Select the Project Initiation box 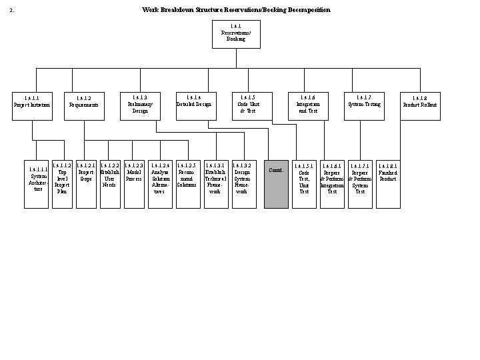pyautogui.click(x=33, y=105)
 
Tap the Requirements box pyautogui.click(x=83, y=105)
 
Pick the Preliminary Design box pyautogui.click(x=139, y=105)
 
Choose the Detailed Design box pyautogui.click(x=195, y=105)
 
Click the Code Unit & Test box pyautogui.click(x=251, y=105)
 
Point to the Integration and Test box pyautogui.click(x=308, y=105)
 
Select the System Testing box pyautogui.click(x=364, y=105)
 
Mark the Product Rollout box pyautogui.click(x=420, y=105)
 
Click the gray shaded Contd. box pyautogui.click(x=276, y=184)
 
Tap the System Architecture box pyautogui.click(x=37, y=184)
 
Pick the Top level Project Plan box pyautogui.click(x=62, y=183)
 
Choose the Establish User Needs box pyautogui.click(x=109, y=183)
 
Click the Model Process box pyautogui.click(x=133, y=183)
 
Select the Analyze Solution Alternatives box pyautogui.click(x=160, y=183)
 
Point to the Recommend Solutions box pyautogui.click(x=187, y=183)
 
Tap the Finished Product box pyautogui.click(x=388, y=183)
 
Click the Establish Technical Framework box pyautogui.click(x=216, y=183)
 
